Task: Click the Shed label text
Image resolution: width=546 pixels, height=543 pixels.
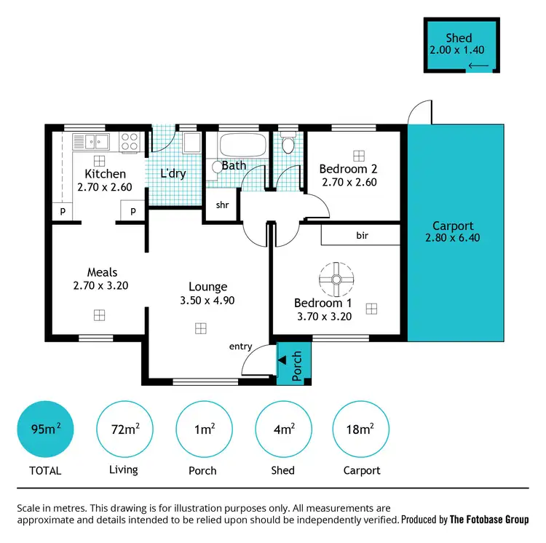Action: (459, 38)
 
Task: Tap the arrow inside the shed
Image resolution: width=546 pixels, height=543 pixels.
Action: (478, 66)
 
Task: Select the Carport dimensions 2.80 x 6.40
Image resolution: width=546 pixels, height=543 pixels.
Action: (453, 238)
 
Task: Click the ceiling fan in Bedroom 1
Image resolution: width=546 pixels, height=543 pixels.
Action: (336, 278)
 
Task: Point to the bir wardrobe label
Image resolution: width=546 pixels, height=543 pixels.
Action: (362, 236)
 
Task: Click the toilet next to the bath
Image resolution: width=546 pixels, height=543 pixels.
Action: (287, 143)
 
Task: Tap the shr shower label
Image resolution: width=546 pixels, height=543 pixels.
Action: (222, 205)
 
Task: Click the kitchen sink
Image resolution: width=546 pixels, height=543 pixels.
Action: (95, 141)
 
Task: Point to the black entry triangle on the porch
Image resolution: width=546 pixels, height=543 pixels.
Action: (282, 360)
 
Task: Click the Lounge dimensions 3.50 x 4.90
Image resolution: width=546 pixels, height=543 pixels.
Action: (208, 300)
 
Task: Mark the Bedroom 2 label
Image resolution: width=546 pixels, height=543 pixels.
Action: (348, 170)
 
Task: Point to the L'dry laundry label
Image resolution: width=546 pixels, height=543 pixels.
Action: (173, 174)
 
